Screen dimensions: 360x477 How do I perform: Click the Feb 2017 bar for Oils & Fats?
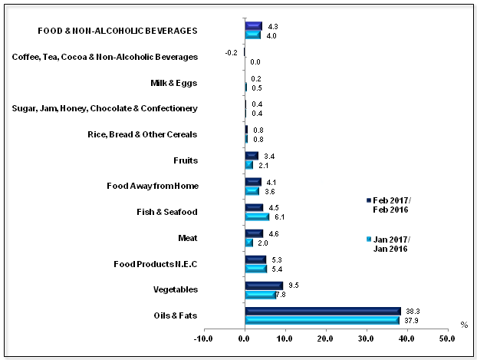[x=322, y=311]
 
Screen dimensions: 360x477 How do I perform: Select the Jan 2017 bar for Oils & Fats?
[x=321, y=320]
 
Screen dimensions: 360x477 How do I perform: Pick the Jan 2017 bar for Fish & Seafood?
[x=257, y=216]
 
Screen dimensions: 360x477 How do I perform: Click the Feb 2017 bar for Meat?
[x=254, y=233]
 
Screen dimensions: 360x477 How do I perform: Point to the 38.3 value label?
[x=412, y=311]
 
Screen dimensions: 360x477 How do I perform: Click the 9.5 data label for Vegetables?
[x=294, y=284]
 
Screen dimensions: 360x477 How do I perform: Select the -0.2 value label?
[x=231, y=52]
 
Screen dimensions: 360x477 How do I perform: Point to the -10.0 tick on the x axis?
[x=204, y=338]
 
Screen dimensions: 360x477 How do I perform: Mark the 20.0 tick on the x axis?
[x=325, y=338]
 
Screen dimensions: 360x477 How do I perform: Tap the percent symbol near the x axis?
[x=463, y=325]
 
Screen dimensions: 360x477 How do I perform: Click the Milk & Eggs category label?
[x=176, y=82]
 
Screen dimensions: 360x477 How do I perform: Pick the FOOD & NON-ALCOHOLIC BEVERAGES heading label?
[x=118, y=31]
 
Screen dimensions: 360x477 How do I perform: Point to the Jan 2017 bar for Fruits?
[x=248, y=164]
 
